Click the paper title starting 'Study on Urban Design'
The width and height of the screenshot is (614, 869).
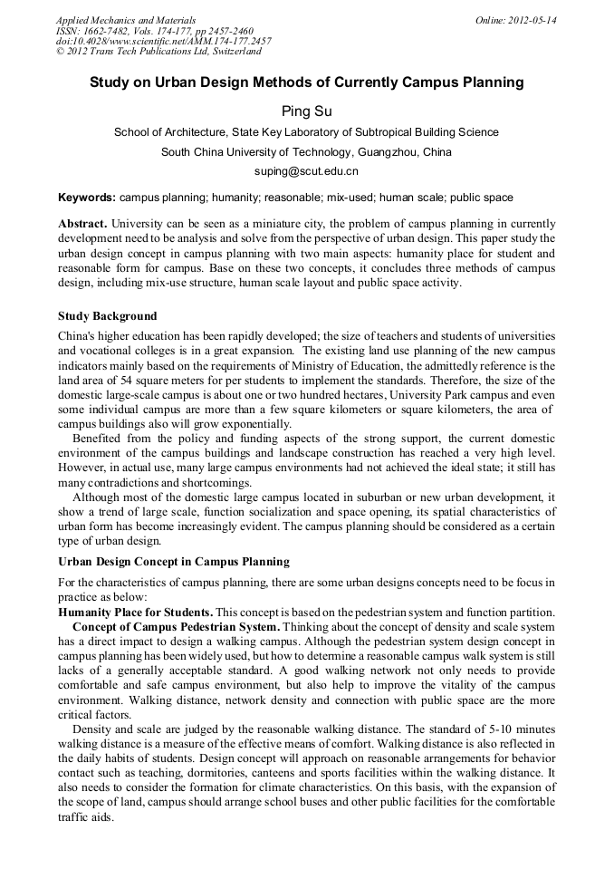[x=306, y=82]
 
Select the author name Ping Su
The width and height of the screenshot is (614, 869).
[x=306, y=111]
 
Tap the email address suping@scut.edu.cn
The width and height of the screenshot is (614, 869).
[x=306, y=170]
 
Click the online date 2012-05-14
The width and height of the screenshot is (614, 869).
[x=515, y=20]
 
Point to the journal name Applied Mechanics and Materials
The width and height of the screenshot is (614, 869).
[x=126, y=20]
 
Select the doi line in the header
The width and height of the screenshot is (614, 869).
[x=163, y=41]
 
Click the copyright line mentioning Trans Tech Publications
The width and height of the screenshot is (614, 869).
[x=158, y=52]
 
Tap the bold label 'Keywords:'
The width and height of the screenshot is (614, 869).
[x=87, y=197]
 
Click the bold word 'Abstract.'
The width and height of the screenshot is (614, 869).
[x=83, y=223]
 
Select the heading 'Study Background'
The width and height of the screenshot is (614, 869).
[x=107, y=316]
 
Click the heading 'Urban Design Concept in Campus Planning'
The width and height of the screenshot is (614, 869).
[x=174, y=562]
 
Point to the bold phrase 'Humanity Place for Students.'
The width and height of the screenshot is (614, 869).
[x=136, y=613]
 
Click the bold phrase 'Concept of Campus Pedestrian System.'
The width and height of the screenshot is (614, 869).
[x=177, y=626]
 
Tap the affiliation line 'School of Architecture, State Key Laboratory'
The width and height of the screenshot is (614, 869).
[x=306, y=132]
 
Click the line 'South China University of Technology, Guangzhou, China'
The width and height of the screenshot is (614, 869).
[x=306, y=151]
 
